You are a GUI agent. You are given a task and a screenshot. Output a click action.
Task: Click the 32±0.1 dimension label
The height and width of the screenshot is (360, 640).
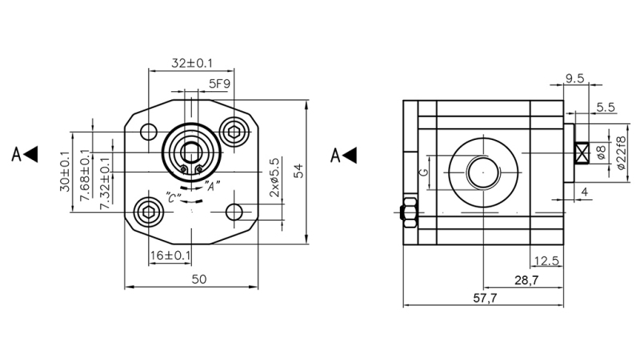[192, 62]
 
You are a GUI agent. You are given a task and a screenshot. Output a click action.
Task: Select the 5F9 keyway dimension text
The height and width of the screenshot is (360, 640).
[220, 82]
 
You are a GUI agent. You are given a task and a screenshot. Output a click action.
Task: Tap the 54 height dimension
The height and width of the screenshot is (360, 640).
[298, 170]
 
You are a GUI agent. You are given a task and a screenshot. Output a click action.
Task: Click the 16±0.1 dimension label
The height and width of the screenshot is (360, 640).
[170, 255]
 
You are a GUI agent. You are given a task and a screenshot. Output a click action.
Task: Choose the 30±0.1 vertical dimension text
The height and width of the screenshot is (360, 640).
[64, 171]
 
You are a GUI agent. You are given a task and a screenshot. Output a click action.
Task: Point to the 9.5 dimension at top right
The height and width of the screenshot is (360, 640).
[577, 78]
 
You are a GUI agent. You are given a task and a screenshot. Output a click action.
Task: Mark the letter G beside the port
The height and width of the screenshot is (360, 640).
[425, 170]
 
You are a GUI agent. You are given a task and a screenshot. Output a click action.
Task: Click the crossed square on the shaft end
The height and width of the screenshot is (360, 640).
[582, 152]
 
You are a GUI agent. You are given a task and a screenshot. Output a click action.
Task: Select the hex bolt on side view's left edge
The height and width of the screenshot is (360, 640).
[406, 211]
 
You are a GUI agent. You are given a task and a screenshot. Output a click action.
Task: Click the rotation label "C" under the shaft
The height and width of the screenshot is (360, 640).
[170, 196]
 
